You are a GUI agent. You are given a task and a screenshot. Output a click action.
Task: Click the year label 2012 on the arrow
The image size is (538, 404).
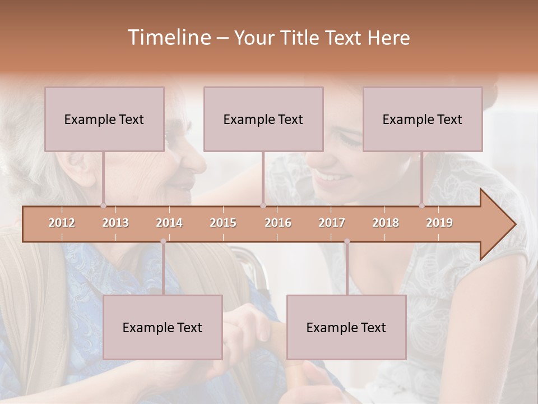point(62,223)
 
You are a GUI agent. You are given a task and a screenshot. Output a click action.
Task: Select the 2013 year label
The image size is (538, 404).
point(115,223)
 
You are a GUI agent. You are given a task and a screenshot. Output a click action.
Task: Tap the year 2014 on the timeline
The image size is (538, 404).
point(169,223)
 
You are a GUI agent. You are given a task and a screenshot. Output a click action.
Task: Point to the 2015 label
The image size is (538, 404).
point(223,223)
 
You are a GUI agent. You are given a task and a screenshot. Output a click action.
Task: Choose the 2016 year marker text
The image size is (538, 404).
point(278,223)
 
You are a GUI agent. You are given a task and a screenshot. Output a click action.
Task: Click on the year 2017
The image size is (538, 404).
point(332,223)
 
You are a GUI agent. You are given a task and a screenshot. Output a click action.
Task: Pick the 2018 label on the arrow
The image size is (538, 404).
point(386,223)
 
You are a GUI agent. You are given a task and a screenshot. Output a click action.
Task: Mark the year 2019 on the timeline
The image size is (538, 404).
point(439,223)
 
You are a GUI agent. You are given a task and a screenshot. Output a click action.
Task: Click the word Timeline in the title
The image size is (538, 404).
point(168,38)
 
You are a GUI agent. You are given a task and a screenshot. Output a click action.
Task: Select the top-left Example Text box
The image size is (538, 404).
point(104,119)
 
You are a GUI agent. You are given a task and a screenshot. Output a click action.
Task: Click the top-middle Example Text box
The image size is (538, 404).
point(263,119)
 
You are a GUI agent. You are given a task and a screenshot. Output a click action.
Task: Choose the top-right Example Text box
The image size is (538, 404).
point(423,119)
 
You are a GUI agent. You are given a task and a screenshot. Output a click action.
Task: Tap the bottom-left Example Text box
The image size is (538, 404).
point(163,327)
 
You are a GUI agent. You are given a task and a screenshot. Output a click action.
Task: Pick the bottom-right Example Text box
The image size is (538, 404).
point(346,327)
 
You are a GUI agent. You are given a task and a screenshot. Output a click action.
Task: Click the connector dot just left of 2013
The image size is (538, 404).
point(103,206)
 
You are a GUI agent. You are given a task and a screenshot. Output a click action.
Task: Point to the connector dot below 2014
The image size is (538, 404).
point(163,241)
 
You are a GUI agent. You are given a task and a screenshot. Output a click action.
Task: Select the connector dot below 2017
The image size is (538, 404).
point(347,241)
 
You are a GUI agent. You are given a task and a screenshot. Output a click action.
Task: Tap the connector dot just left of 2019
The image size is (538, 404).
point(421,206)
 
